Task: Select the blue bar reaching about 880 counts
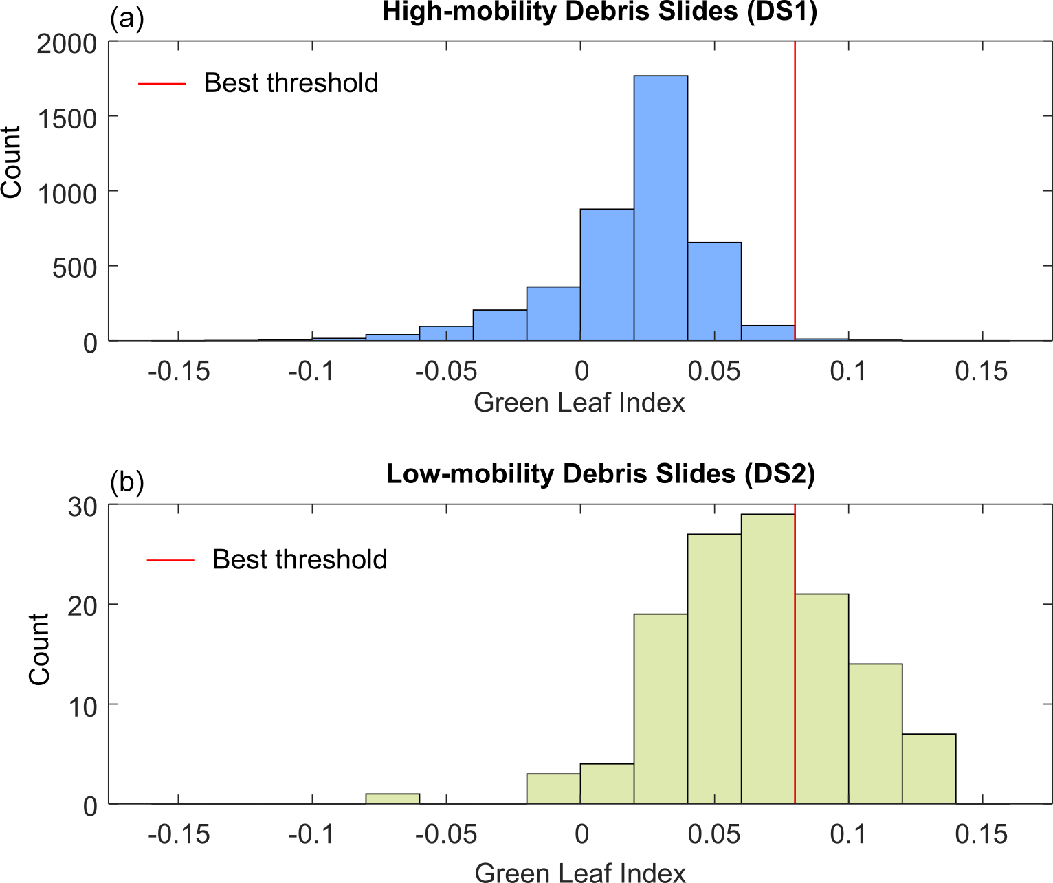tap(607, 275)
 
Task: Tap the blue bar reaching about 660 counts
tap(714, 291)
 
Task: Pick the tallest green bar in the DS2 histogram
tap(768, 659)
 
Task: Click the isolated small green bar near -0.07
tap(392, 799)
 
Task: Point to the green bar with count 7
tap(929, 769)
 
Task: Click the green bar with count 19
tap(661, 708)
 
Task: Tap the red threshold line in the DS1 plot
tap(795, 172)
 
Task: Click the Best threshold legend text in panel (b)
tap(300, 559)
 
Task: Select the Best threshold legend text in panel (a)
tap(291, 83)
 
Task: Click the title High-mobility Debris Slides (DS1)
tap(599, 12)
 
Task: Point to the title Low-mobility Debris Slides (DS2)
tap(600, 474)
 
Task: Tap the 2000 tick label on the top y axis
tap(67, 45)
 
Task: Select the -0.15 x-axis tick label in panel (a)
tap(179, 372)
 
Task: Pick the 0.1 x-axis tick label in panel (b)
tap(848, 834)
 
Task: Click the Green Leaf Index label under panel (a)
tap(579, 403)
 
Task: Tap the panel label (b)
tap(126, 482)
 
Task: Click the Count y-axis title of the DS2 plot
tap(39, 649)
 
